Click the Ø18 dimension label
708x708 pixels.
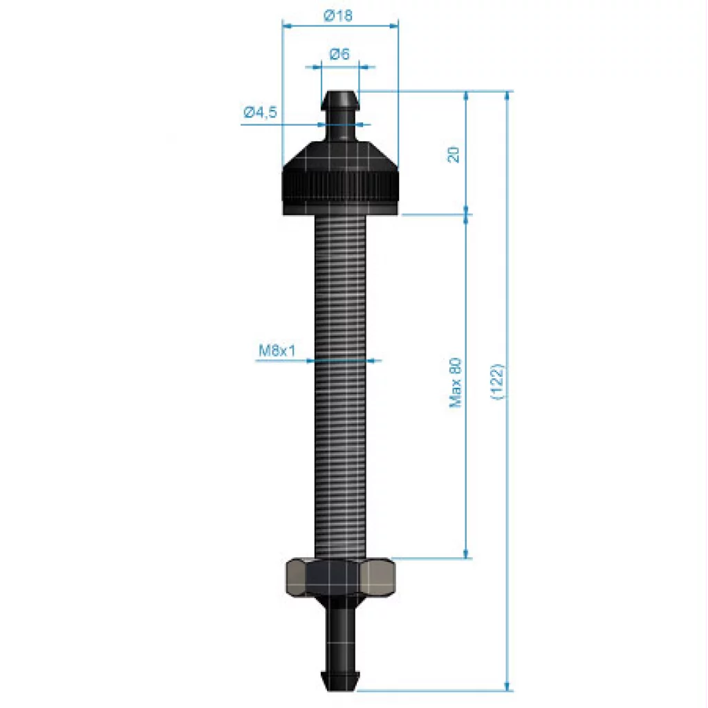click(x=337, y=16)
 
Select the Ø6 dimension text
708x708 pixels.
click(x=339, y=54)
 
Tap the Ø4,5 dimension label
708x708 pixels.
click(x=261, y=113)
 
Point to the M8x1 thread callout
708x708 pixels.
click(x=277, y=350)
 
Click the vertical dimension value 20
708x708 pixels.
click(x=454, y=155)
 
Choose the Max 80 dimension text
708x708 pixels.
click(x=456, y=382)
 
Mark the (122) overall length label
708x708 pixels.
click(x=496, y=382)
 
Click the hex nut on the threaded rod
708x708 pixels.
click(x=339, y=577)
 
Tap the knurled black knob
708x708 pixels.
click(x=340, y=178)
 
